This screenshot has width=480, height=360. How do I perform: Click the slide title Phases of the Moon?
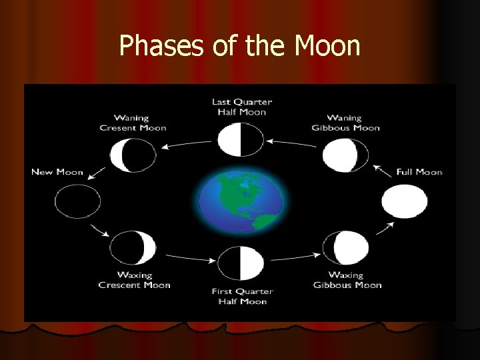[239, 46]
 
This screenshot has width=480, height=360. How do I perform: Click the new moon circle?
[77, 201]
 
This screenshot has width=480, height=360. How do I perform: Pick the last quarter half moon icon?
[241, 141]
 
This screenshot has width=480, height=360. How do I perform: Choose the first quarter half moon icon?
[241, 262]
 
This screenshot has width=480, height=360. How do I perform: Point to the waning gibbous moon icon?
[345, 155]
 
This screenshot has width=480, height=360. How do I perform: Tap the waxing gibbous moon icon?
[345, 247]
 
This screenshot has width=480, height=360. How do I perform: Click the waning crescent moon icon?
[133, 155]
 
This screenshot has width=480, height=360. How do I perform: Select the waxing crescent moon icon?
[133, 247]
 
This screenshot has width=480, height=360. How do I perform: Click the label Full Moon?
[419, 172]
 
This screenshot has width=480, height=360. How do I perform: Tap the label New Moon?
[57, 172]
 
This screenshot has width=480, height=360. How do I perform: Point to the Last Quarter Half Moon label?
[241, 107]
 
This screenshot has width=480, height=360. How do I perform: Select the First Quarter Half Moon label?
[241, 295]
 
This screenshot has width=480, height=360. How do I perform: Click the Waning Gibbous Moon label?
[346, 123]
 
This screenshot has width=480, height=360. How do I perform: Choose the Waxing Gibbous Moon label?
[347, 280]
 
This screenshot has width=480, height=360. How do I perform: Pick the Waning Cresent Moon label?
[133, 123]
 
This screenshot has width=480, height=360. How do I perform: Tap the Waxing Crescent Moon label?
[134, 280]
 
